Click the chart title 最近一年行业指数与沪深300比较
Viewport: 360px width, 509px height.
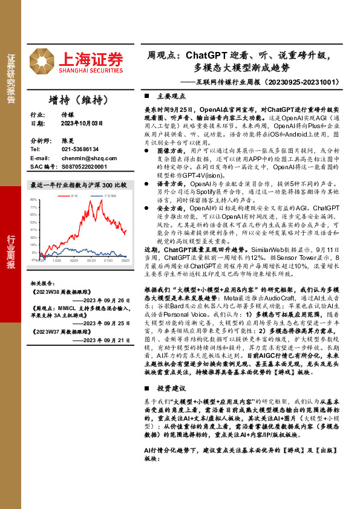coord(79,185)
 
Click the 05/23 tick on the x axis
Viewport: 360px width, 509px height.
coord(91,261)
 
